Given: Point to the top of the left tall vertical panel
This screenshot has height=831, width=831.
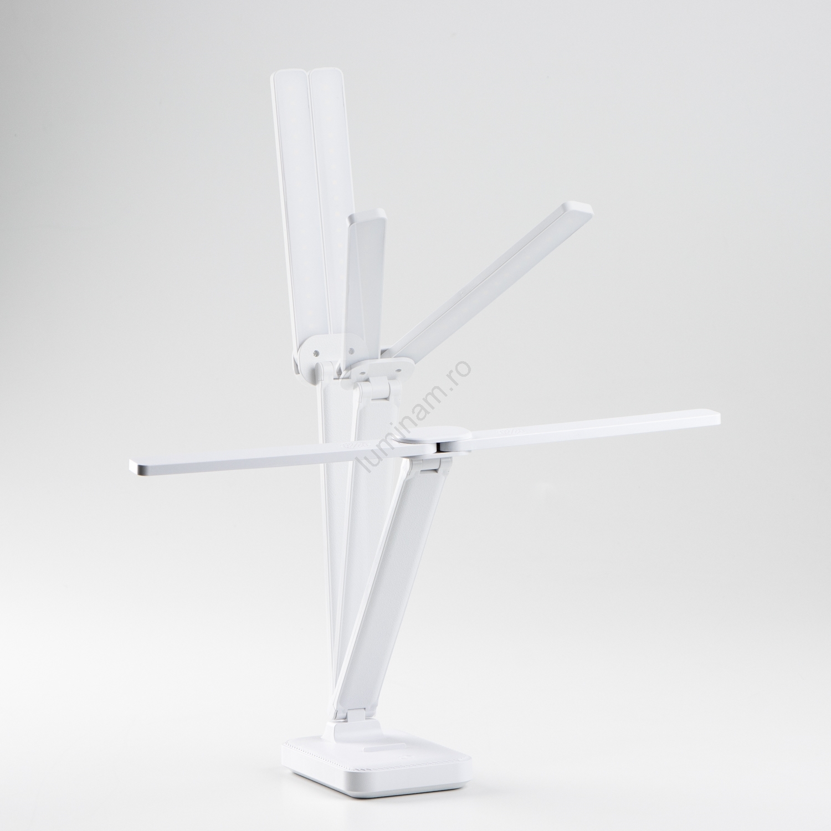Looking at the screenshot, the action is (290, 72).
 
